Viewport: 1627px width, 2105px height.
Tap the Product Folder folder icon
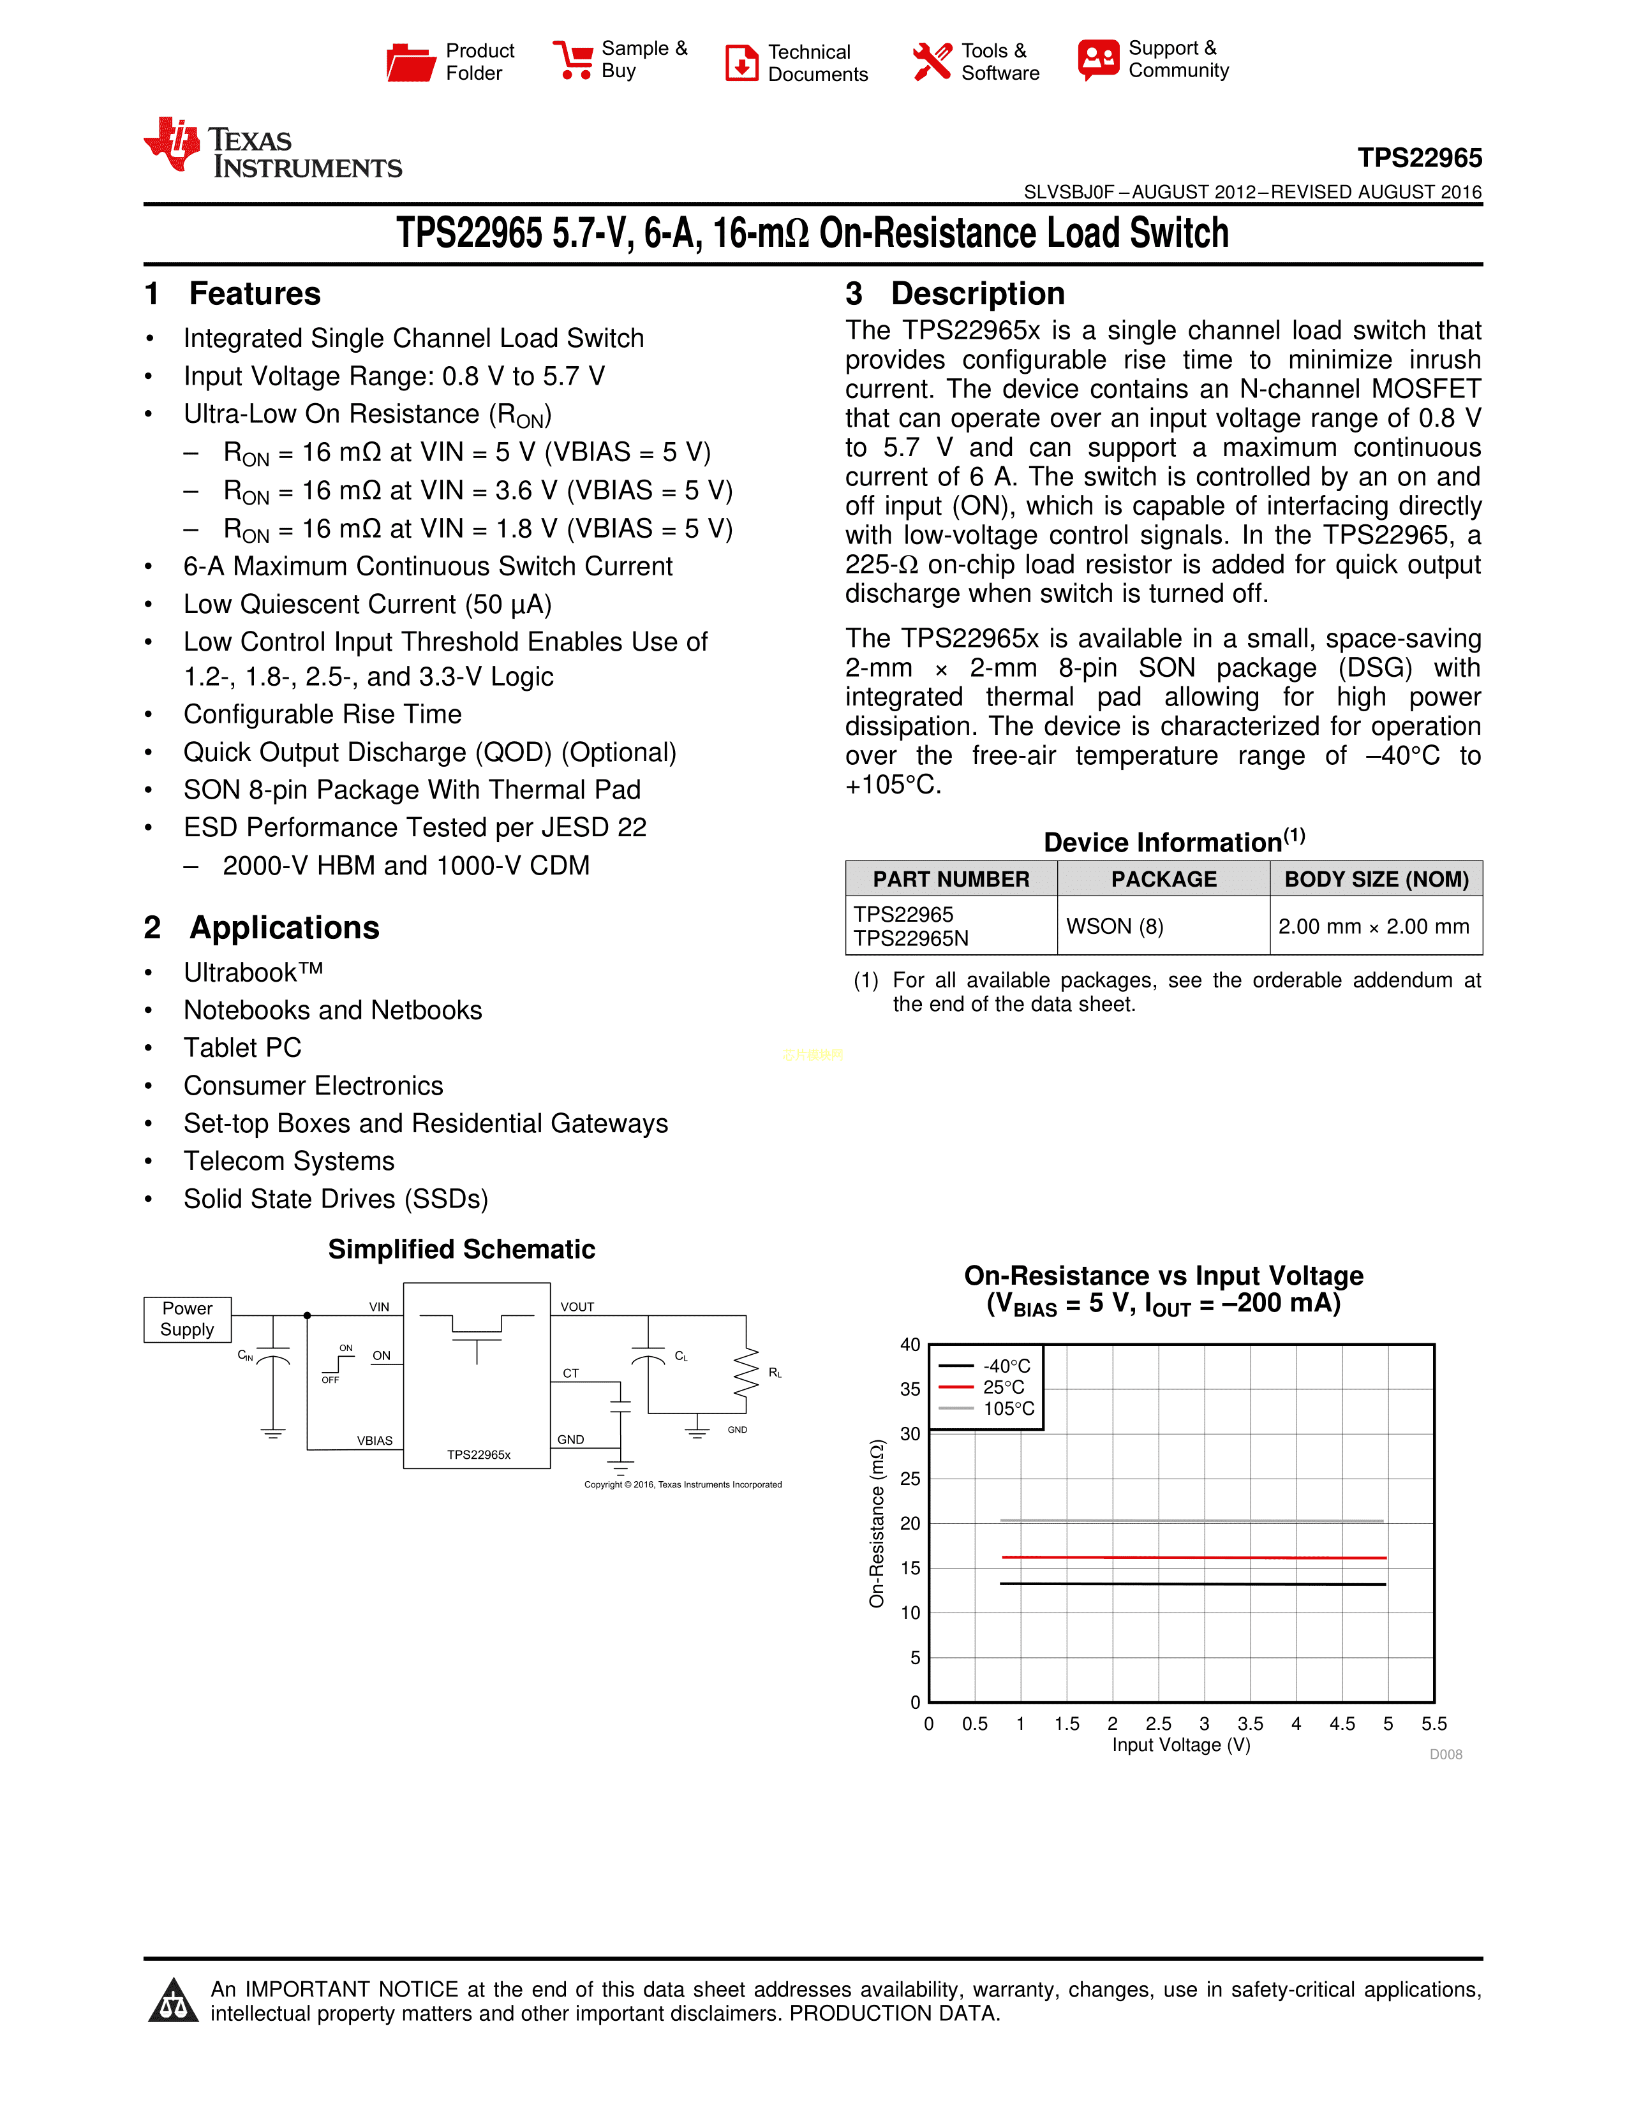coord(411,62)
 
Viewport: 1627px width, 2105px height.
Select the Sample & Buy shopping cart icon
coord(574,60)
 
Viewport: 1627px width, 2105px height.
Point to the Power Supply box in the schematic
coord(187,1318)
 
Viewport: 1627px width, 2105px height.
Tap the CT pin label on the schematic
coord(570,1373)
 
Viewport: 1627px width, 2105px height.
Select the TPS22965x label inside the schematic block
coord(478,1454)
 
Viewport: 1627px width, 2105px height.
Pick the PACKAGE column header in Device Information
coord(1163,879)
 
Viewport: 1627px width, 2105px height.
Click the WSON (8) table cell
coord(1114,926)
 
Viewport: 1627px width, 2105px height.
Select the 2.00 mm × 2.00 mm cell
coord(1374,926)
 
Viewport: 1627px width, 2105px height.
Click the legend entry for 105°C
coord(1007,1408)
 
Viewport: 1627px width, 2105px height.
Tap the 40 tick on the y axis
coord(910,1345)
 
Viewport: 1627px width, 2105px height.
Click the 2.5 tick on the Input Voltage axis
coord(1159,1724)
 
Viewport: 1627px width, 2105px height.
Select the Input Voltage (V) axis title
coord(1181,1745)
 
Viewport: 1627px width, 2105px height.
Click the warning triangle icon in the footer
coord(174,2001)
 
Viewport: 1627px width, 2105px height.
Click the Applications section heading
coord(285,927)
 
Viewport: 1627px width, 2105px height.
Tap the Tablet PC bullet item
coord(243,1047)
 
